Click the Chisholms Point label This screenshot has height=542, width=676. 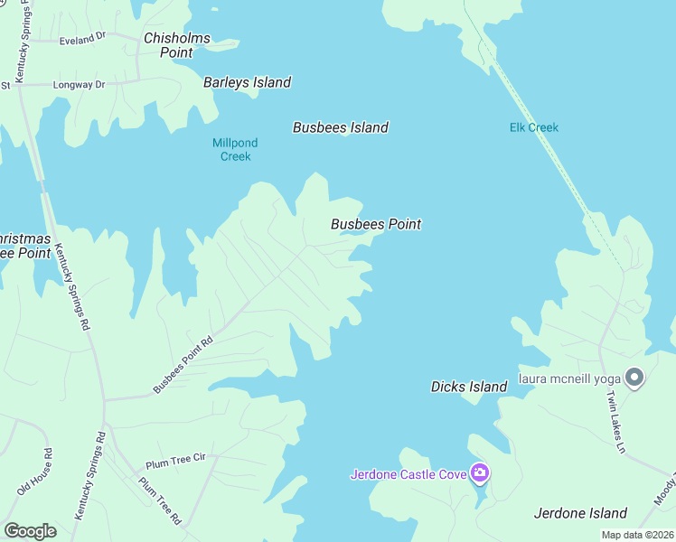[x=177, y=45]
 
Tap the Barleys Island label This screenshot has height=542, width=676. [x=247, y=82]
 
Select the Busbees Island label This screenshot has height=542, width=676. [x=341, y=127]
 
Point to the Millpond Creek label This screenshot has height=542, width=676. [x=235, y=149]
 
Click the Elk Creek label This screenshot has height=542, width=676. [x=534, y=127]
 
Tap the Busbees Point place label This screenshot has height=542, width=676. [x=376, y=224]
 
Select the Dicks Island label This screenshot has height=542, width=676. [x=469, y=387]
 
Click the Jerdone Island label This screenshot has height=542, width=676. [x=580, y=513]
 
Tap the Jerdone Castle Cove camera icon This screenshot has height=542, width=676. [x=480, y=472]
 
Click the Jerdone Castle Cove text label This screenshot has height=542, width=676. [x=408, y=473]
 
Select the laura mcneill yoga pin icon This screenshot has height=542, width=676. [x=634, y=378]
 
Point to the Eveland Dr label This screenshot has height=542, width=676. [x=82, y=41]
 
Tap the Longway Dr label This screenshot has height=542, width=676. [x=80, y=85]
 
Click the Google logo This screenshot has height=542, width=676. [x=30, y=531]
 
